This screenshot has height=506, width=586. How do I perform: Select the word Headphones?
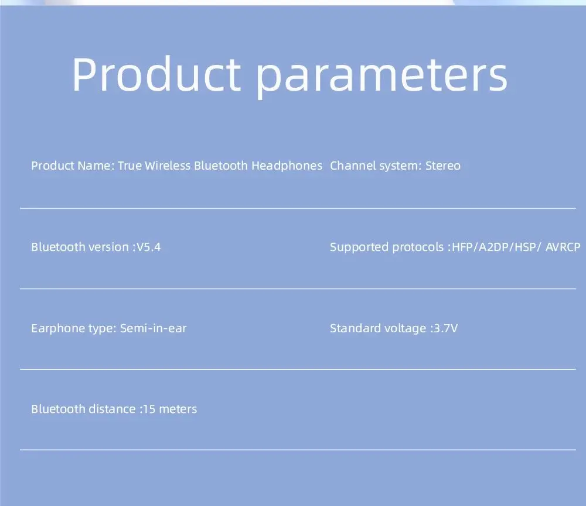tap(287, 166)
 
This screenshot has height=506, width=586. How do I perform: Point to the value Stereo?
tap(443, 166)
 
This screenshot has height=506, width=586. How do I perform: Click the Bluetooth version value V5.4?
tap(148, 247)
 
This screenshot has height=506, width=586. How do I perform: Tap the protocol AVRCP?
tap(563, 247)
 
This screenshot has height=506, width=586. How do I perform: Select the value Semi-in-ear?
tap(153, 328)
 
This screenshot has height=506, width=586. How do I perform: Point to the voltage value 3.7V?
tap(445, 328)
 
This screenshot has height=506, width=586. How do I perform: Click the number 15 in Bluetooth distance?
tap(149, 409)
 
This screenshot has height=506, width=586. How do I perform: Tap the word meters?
tap(178, 409)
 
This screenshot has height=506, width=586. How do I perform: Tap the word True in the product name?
tap(130, 166)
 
